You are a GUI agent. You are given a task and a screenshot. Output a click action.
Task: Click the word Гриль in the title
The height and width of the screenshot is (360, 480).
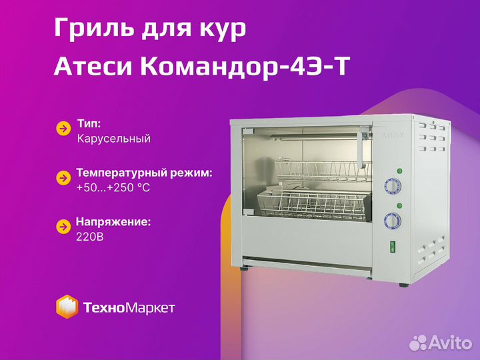click(94, 27)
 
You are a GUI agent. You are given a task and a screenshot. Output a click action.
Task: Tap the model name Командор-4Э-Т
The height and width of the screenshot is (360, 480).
click(245, 67)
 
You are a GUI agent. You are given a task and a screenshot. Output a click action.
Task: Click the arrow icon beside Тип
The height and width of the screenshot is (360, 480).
click(63, 129)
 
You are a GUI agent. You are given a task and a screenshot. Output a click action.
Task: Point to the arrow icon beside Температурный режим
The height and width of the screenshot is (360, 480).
click(63, 178)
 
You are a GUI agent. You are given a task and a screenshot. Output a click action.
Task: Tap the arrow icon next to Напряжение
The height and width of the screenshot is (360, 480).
click(63, 227)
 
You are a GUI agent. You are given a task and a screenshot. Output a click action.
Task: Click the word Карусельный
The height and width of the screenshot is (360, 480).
click(113, 139)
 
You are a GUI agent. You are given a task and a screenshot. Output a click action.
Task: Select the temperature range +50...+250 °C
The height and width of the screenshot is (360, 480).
click(113, 187)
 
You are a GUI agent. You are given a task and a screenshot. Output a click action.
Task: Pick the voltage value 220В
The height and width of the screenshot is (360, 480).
click(90, 237)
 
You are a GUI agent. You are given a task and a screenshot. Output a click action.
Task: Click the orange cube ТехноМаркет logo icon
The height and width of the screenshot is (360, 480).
click(67, 307)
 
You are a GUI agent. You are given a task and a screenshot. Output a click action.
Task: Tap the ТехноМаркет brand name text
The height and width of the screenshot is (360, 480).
click(129, 307)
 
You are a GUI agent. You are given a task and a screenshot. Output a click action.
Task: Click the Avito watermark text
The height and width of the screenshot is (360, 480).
click(441, 342)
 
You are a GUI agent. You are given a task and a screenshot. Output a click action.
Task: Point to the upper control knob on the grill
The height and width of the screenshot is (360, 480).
click(392, 186)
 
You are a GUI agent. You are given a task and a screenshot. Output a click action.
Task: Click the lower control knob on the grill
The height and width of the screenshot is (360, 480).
click(392, 221)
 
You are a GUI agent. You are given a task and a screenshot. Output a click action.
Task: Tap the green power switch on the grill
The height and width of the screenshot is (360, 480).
click(393, 247)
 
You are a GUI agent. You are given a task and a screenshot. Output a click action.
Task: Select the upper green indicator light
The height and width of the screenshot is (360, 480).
click(399, 171)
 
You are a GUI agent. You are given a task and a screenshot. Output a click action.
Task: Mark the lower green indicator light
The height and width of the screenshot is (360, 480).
click(399, 205)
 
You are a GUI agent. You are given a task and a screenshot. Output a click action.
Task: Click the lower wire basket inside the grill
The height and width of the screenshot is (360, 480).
click(313, 204)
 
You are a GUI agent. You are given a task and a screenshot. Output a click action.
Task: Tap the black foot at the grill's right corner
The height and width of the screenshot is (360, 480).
click(404, 285)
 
